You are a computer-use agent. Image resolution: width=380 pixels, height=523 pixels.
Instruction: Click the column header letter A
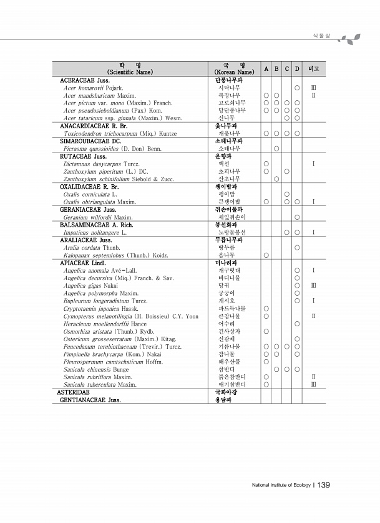pyautogui.click(x=266, y=68)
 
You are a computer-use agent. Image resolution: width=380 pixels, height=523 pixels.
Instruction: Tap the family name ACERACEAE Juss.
pyautogui.click(x=85, y=81)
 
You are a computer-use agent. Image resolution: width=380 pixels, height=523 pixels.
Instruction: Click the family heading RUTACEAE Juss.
pyautogui.click(x=83, y=157)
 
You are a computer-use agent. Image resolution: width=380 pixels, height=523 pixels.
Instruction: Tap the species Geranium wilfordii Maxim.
pyautogui.click(x=97, y=217)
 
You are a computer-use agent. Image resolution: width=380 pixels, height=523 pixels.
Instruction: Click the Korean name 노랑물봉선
pyautogui.click(x=231, y=232)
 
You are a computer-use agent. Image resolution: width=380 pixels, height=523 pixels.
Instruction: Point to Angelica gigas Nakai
pyautogui.click(x=89, y=285)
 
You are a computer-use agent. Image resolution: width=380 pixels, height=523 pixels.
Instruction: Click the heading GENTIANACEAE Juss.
pyautogui.click(x=90, y=400)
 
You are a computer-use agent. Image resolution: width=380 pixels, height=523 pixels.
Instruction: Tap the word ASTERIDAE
pyautogui.click(x=73, y=392)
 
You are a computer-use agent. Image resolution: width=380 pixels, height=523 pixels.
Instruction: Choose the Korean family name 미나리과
pyautogui.click(x=225, y=263)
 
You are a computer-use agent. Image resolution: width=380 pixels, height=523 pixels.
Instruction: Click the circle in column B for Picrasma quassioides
pyautogui.click(x=276, y=149)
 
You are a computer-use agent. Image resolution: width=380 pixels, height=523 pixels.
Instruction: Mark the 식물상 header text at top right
pyautogui.click(x=322, y=35)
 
